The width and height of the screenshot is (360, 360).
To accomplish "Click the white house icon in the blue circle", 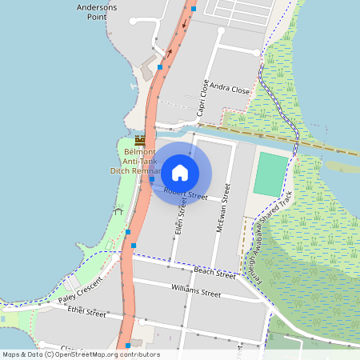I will [180, 172].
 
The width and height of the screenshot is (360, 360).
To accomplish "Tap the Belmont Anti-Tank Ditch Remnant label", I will [136, 161].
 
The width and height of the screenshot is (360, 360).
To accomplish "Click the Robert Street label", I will [186, 194].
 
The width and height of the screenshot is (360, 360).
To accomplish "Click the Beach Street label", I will [214, 272].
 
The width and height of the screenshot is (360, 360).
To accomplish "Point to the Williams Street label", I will [196, 290].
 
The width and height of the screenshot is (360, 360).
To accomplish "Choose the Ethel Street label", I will [86, 313].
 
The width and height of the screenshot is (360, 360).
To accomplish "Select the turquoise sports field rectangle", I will [270, 174].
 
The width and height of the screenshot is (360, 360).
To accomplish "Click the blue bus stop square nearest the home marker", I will [151, 180].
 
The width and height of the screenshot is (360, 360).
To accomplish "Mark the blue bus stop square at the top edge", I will [194, 9].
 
